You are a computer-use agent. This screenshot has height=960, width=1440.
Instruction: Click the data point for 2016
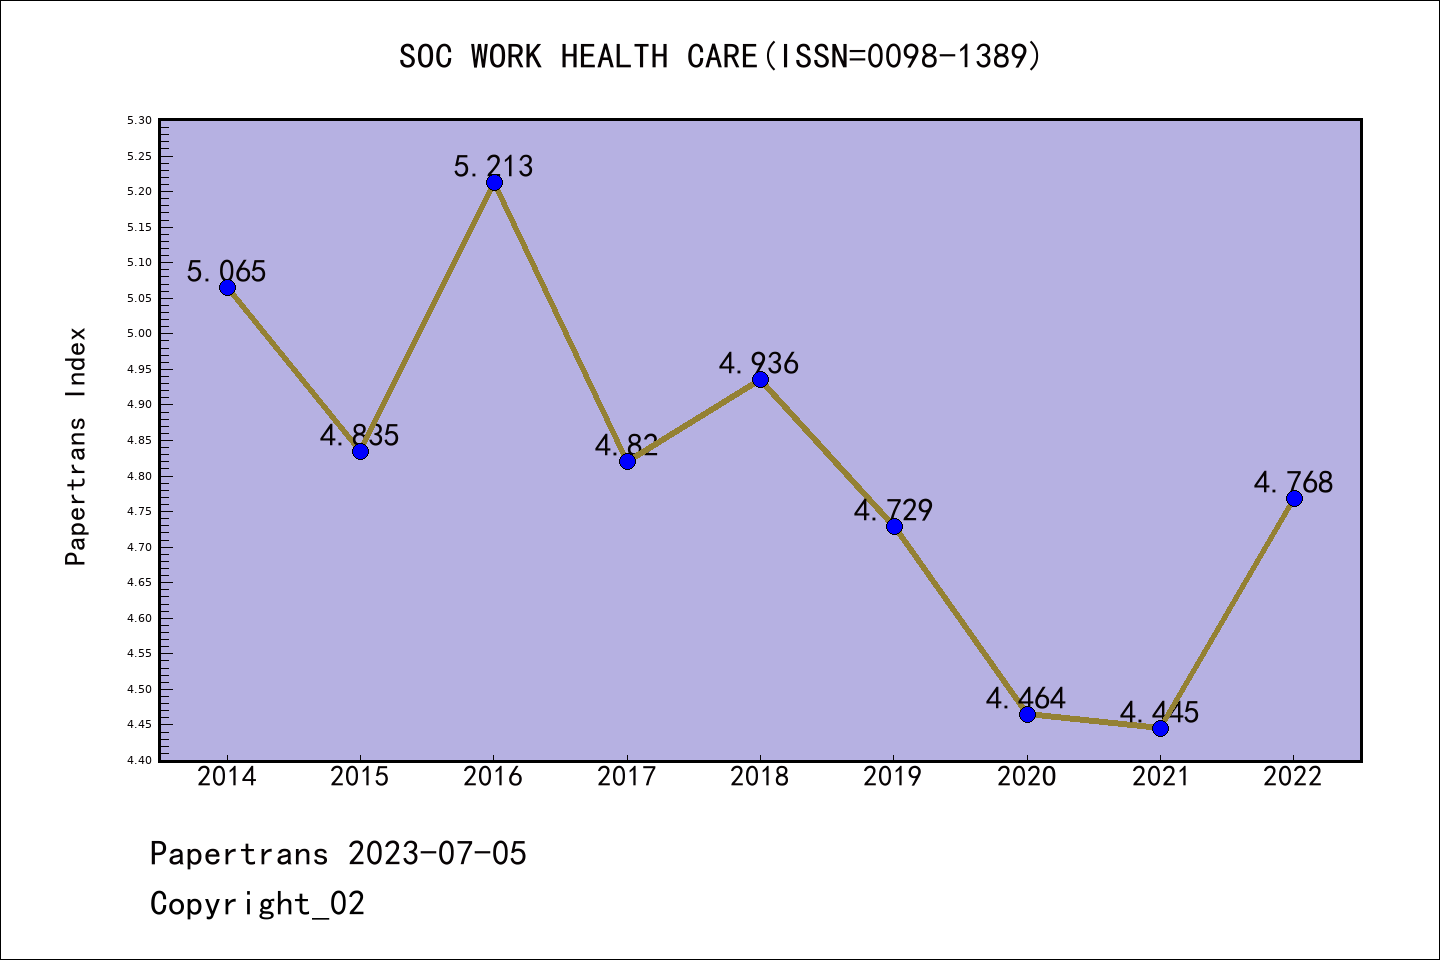click(x=494, y=182)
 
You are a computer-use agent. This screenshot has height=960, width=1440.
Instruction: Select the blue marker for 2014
click(x=227, y=288)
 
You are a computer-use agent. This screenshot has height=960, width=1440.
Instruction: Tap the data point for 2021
click(x=1160, y=728)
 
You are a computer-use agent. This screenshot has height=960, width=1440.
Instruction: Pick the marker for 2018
click(x=760, y=379)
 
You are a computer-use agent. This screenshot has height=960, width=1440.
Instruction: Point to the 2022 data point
click(x=1294, y=498)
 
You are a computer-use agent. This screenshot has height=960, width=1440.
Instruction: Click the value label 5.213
click(x=493, y=166)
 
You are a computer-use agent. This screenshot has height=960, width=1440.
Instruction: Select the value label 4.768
click(x=1293, y=483)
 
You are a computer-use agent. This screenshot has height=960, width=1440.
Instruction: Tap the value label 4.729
click(x=893, y=511)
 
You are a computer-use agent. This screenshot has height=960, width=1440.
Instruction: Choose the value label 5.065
click(x=226, y=272)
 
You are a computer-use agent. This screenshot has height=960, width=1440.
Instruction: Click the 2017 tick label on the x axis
click(x=627, y=777)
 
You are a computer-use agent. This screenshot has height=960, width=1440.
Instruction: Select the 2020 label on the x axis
click(x=1027, y=777)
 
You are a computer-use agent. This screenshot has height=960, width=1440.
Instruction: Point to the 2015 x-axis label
click(x=360, y=777)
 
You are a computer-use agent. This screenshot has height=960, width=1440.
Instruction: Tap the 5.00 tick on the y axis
click(x=139, y=334)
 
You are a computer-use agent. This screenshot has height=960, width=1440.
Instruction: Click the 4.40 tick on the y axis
click(x=139, y=760)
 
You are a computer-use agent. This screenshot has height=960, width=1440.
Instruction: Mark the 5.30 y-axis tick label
click(x=139, y=121)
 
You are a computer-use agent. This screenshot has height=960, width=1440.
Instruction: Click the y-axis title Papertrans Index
click(x=76, y=446)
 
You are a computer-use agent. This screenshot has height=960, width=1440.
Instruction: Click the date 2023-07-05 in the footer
click(x=437, y=854)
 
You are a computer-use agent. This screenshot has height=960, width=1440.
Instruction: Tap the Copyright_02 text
click(x=257, y=904)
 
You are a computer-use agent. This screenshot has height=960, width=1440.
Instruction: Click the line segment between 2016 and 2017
click(x=560, y=321)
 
